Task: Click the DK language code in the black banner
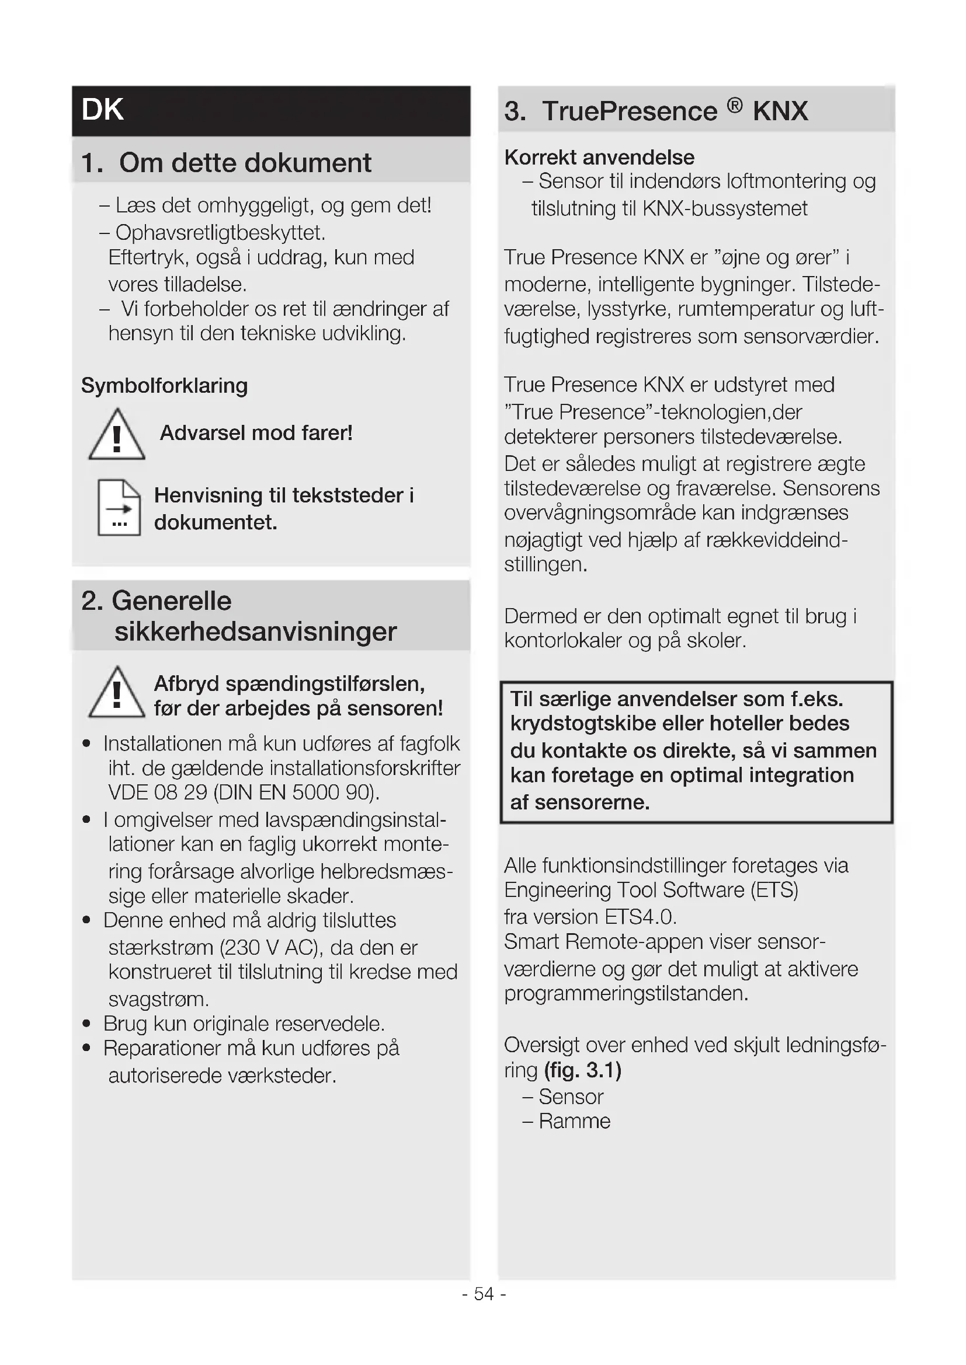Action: click(x=102, y=110)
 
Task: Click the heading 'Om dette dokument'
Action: click(x=245, y=163)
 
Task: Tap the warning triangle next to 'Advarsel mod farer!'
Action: click(x=117, y=436)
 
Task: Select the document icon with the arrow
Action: click(x=119, y=507)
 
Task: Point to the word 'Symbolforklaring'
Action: click(x=164, y=386)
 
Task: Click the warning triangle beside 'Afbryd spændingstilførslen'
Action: click(x=117, y=694)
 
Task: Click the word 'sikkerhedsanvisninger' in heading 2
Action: click(x=255, y=631)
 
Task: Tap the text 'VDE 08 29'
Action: click(x=158, y=793)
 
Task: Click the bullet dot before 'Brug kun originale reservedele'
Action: click(x=87, y=1024)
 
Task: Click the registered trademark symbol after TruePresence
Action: click(x=735, y=106)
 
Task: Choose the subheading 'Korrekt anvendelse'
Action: click(x=599, y=158)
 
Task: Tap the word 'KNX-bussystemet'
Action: click(x=725, y=209)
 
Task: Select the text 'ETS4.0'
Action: click(x=640, y=917)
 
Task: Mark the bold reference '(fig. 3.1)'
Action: click(x=582, y=1070)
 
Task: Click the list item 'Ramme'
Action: click(x=574, y=1121)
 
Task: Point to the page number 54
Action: click(x=484, y=1294)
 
